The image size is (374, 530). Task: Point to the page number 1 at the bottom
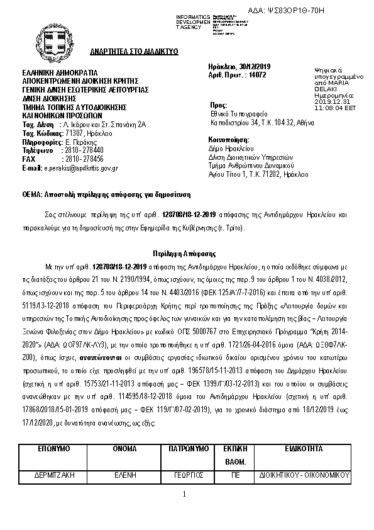tap(185, 494)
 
